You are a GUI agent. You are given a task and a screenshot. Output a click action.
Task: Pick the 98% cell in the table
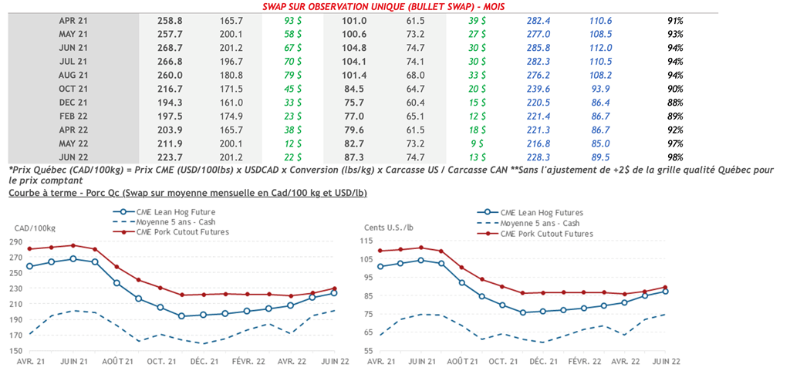(676, 157)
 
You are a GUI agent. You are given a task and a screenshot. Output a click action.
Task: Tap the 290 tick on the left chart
(17, 241)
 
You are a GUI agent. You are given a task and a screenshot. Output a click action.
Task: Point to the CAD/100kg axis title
(35, 227)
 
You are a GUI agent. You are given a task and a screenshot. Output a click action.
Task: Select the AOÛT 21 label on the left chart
(117, 361)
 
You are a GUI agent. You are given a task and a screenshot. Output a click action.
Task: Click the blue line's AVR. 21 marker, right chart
(381, 267)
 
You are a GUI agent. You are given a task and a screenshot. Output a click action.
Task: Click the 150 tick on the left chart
(17, 351)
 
